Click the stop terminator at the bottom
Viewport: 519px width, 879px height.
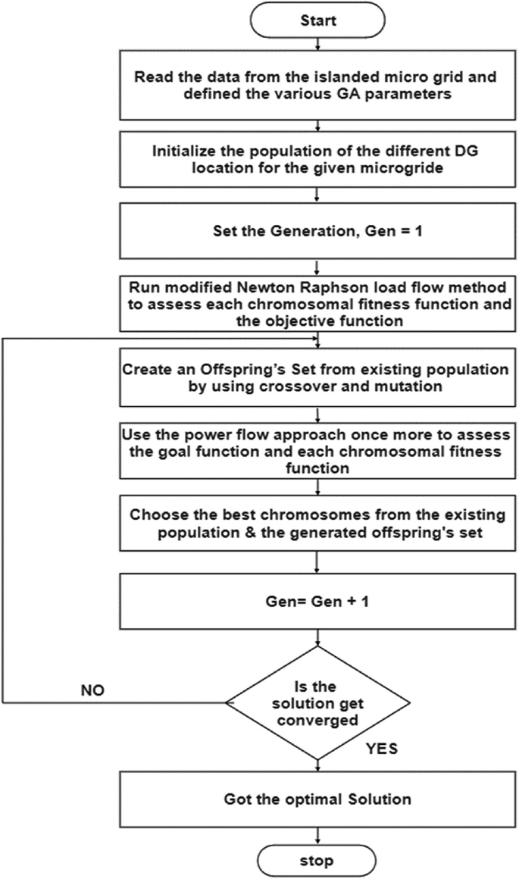(x=317, y=862)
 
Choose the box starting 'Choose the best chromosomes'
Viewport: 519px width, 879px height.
(x=317, y=525)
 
